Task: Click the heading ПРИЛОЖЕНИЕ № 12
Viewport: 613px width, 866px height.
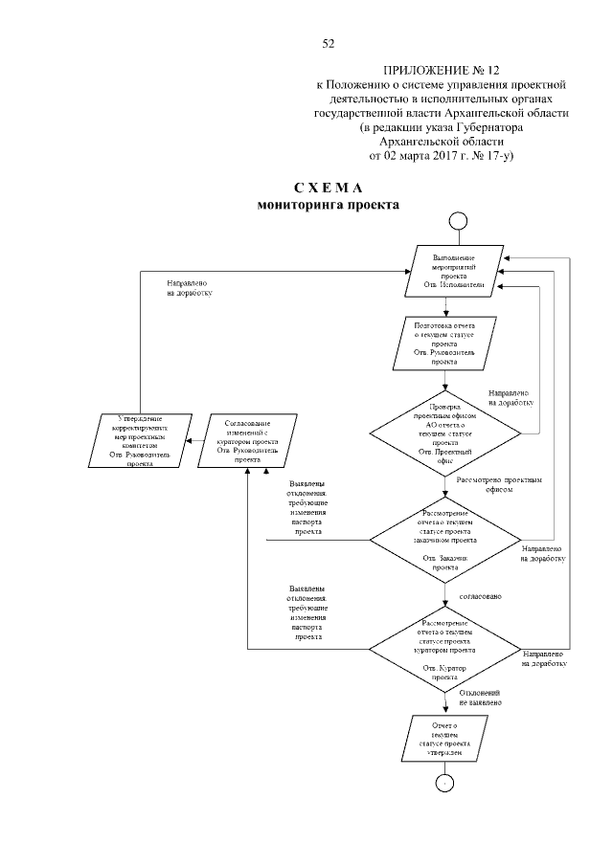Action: tap(442, 71)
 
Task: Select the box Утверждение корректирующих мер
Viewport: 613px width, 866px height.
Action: tap(141, 439)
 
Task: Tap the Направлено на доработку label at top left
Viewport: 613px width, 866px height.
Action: tap(190, 288)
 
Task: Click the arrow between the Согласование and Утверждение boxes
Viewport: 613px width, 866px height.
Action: tap(192, 440)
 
